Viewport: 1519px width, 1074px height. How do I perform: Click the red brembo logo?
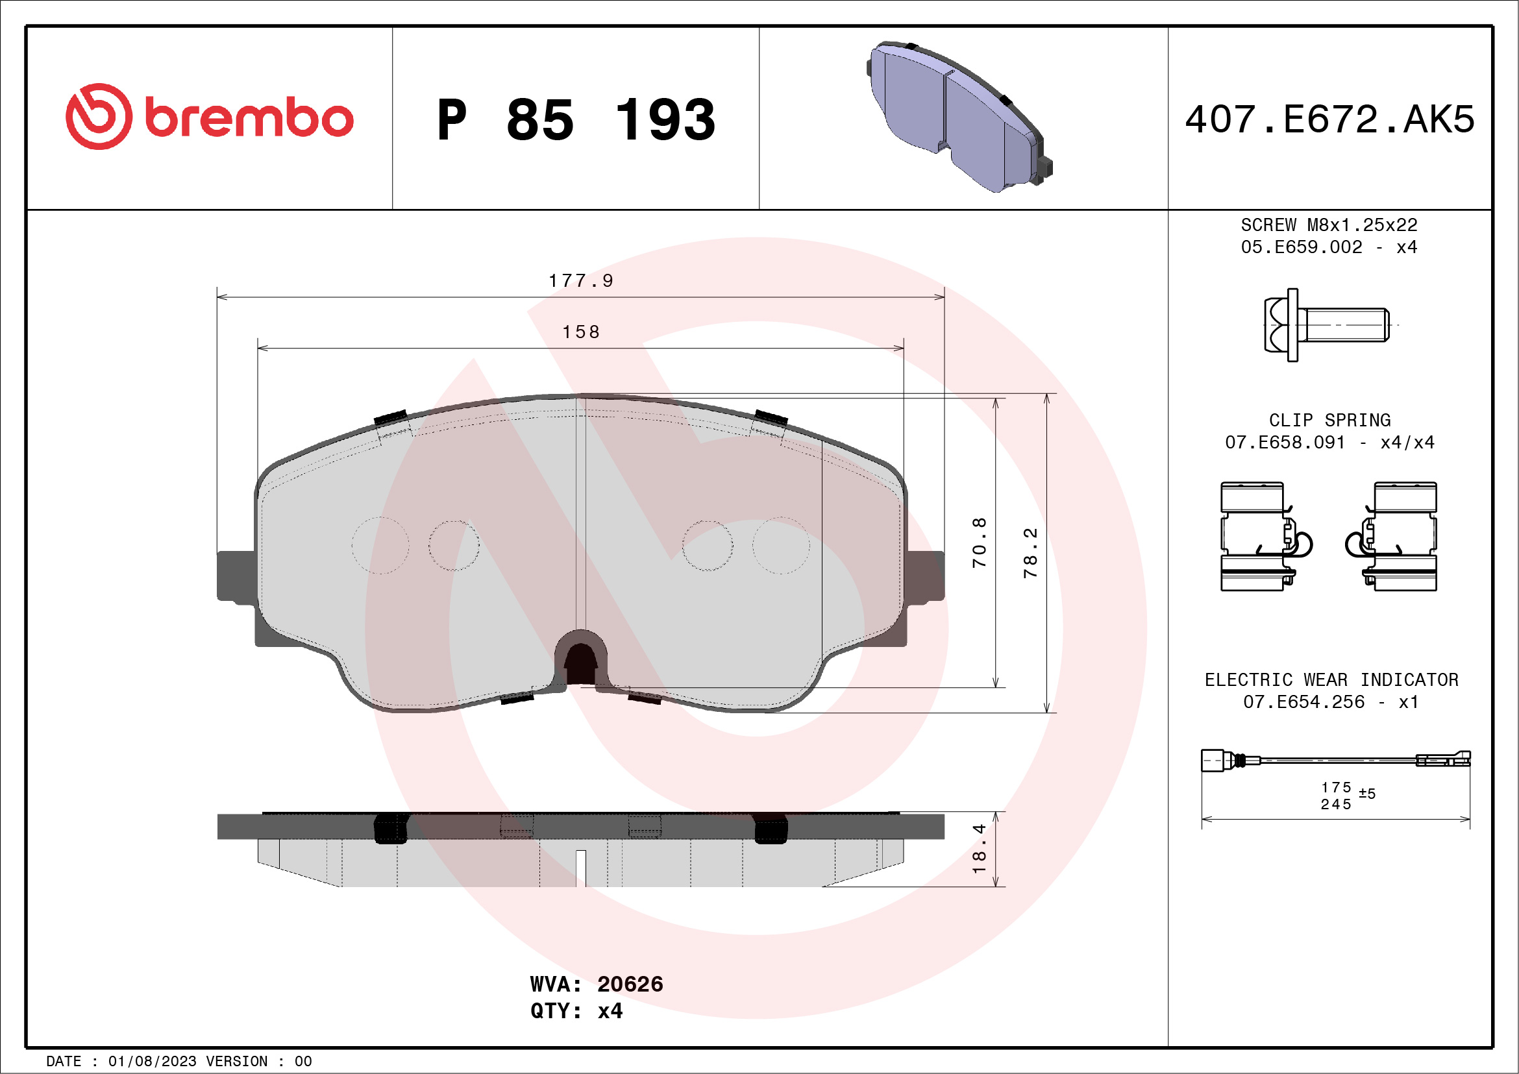pyautogui.click(x=209, y=117)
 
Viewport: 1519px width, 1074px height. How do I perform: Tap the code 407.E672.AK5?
pyautogui.click(x=1329, y=119)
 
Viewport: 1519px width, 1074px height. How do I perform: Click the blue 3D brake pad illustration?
pyautogui.click(x=959, y=116)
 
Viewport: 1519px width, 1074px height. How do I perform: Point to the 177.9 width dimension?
pyautogui.click(x=580, y=281)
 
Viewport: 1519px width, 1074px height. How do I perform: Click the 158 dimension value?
pyautogui.click(x=580, y=332)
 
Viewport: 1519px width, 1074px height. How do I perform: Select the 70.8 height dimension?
pyautogui.click(x=979, y=543)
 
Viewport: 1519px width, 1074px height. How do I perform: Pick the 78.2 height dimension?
pyautogui.click(x=1030, y=553)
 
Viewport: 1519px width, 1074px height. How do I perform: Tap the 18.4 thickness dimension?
pyautogui.click(x=979, y=848)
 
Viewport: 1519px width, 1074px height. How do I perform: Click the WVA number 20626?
pyautogui.click(x=629, y=984)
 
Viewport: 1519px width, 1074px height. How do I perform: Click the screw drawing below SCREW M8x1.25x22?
pyautogui.click(x=1326, y=324)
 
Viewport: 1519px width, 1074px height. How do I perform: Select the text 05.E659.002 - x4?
pyautogui.click(x=1328, y=247)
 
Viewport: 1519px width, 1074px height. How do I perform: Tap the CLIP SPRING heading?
pyautogui.click(x=1329, y=420)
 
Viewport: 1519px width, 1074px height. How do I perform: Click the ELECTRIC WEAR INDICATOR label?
pyautogui.click(x=1331, y=680)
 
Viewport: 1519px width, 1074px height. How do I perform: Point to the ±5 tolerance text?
pyautogui.click(x=1367, y=794)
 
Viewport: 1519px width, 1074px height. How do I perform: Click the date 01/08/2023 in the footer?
pyautogui.click(x=152, y=1062)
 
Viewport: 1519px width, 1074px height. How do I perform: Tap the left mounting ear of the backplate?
pyautogui.click(x=236, y=576)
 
